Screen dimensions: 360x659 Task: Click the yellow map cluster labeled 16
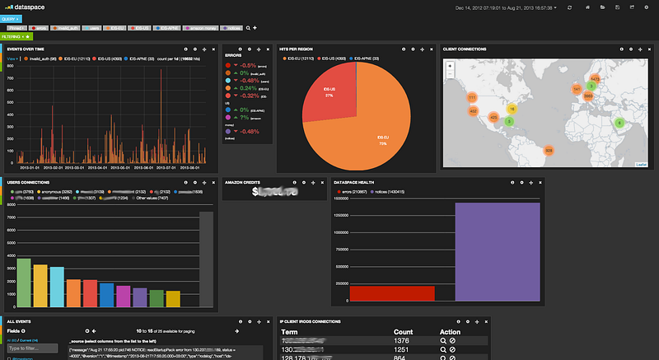(x=511, y=109)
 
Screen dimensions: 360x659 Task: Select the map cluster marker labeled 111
(x=472, y=97)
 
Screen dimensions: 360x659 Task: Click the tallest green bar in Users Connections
(x=25, y=283)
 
